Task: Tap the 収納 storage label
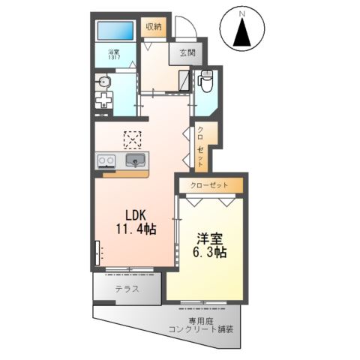(154, 27)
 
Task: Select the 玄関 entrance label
(187, 52)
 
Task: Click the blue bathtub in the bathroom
(115, 31)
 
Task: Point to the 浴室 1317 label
(114, 54)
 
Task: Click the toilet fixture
(208, 79)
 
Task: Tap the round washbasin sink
(104, 81)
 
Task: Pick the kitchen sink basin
(136, 160)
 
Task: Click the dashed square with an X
(133, 139)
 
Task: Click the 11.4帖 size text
(135, 229)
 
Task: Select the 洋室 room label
(211, 238)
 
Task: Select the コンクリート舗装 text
(201, 329)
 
